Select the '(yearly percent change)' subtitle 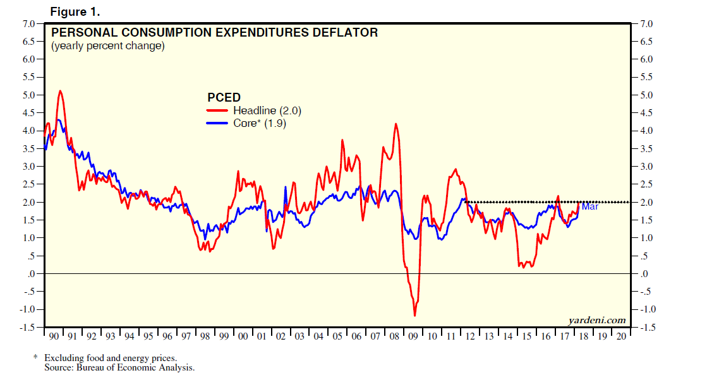(x=107, y=45)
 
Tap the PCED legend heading (x=224, y=97)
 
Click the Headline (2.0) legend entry (x=267, y=110)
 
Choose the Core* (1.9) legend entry (x=260, y=124)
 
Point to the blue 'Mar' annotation (x=589, y=206)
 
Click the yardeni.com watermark (x=597, y=320)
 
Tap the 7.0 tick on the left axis (x=29, y=24)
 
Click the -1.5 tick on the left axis (x=28, y=327)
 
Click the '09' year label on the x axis (x=414, y=336)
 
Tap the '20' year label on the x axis (x=620, y=336)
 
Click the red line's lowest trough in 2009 (x=415, y=315)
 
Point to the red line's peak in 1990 (x=60, y=91)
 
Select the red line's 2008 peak (x=396, y=124)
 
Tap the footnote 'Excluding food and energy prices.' (x=111, y=358)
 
